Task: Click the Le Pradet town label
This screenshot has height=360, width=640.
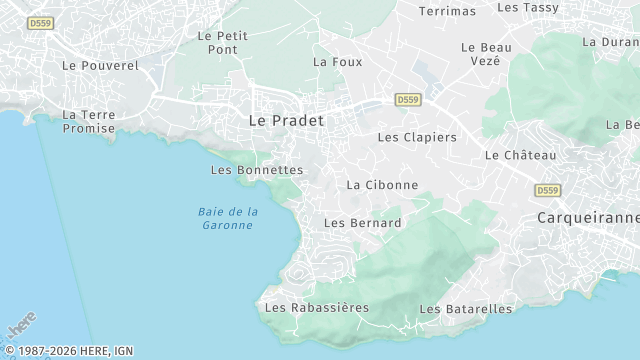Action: (x=285, y=119)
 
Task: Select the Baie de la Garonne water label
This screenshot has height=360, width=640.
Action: (x=228, y=218)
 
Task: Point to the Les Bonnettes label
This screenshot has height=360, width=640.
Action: (x=257, y=170)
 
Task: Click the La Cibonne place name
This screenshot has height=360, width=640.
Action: (x=382, y=185)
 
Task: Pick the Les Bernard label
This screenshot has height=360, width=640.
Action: (x=363, y=223)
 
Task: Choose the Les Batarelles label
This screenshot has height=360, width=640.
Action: (x=466, y=309)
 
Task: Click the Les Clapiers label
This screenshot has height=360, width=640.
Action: (x=417, y=137)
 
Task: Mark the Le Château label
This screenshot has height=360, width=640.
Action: (x=520, y=155)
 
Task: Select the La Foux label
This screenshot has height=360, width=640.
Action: (x=337, y=61)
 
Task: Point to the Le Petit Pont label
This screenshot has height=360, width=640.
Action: (x=222, y=41)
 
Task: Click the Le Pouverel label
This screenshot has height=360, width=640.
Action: (x=100, y=65)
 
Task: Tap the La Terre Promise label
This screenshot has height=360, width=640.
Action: (x=89, y=121)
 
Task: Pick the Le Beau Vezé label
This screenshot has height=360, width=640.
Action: (x=486, y=53)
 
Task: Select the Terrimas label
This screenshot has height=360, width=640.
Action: (x=447, y=11)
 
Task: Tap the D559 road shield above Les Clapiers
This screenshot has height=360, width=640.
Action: (x=407, y=100)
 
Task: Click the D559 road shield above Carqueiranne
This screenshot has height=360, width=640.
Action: (x=547, y=190)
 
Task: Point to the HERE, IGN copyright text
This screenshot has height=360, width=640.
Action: (x=67, y=351)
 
